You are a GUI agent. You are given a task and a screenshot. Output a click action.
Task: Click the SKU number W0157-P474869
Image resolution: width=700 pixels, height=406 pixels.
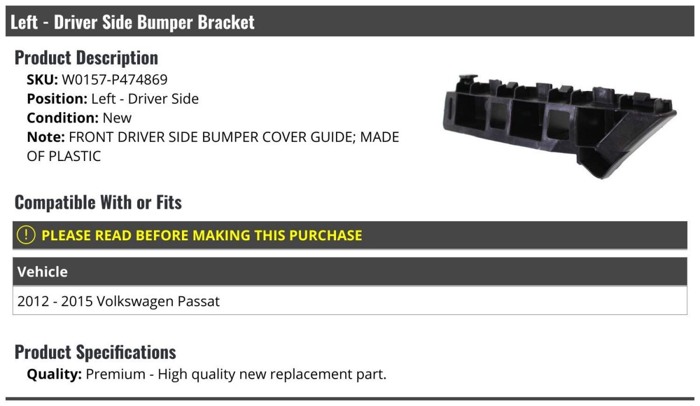(115, 80)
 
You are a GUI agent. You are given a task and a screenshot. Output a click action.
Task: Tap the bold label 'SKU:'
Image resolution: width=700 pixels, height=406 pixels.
(42, 80)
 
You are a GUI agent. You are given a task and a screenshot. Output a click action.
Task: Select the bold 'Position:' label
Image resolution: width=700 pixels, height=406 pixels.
(57, 99)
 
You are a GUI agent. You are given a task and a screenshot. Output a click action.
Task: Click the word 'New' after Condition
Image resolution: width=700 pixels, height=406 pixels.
(117, 118)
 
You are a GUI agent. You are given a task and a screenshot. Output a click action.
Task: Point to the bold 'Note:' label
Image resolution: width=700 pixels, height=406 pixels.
(46, 137)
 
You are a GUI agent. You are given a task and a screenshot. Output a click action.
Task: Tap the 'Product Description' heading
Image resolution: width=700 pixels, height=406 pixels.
(86, 58)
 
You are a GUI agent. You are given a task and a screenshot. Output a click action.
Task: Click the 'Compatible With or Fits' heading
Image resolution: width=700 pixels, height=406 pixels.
(98, 202)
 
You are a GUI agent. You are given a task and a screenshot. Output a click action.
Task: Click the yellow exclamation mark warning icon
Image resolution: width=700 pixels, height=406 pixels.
(26, 235)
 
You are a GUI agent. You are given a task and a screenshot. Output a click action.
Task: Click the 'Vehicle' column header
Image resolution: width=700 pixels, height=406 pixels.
(43, 272)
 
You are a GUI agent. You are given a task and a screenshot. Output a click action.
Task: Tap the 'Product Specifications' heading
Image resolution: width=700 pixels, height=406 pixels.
(95, 352)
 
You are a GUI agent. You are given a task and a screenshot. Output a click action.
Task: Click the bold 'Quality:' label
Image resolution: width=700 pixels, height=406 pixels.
(54, 374)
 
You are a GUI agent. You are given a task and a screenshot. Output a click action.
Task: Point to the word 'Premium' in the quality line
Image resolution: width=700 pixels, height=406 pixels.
(116, 374)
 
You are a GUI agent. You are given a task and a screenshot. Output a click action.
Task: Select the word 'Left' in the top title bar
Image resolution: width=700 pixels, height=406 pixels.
(24, 22)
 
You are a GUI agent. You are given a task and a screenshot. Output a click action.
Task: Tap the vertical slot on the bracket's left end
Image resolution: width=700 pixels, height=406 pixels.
(450, 108)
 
